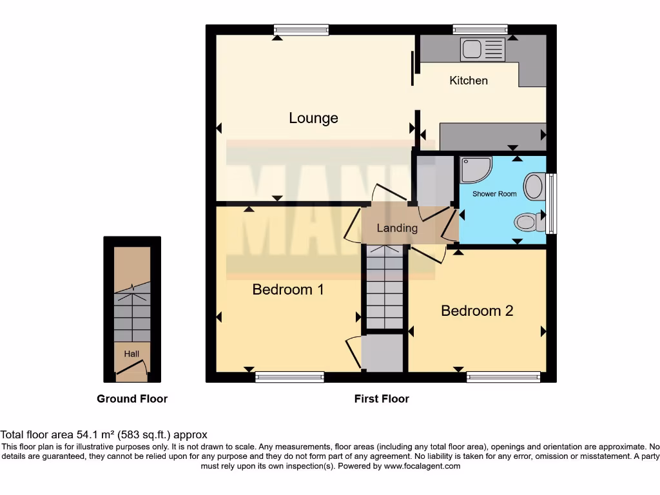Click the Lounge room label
click(x=313, y=119)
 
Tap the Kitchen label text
click(x=469, y=81)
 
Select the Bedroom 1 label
click(x=288, y=289)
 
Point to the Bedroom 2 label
click(x=477, y=311)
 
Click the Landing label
click(x=397, y=228)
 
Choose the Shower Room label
click(x=494, y=194)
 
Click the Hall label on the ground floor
click(x=131, y=354)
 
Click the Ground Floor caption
click(x=132, y=399)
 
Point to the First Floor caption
click(x=382, y=399)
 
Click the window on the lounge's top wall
click(x=301, y=29)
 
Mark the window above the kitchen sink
click(x=480, y=29)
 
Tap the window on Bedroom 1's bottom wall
click(x=289, y=377)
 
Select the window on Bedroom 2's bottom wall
click(x=503, y=377)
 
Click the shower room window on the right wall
click(x=551, y=204)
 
